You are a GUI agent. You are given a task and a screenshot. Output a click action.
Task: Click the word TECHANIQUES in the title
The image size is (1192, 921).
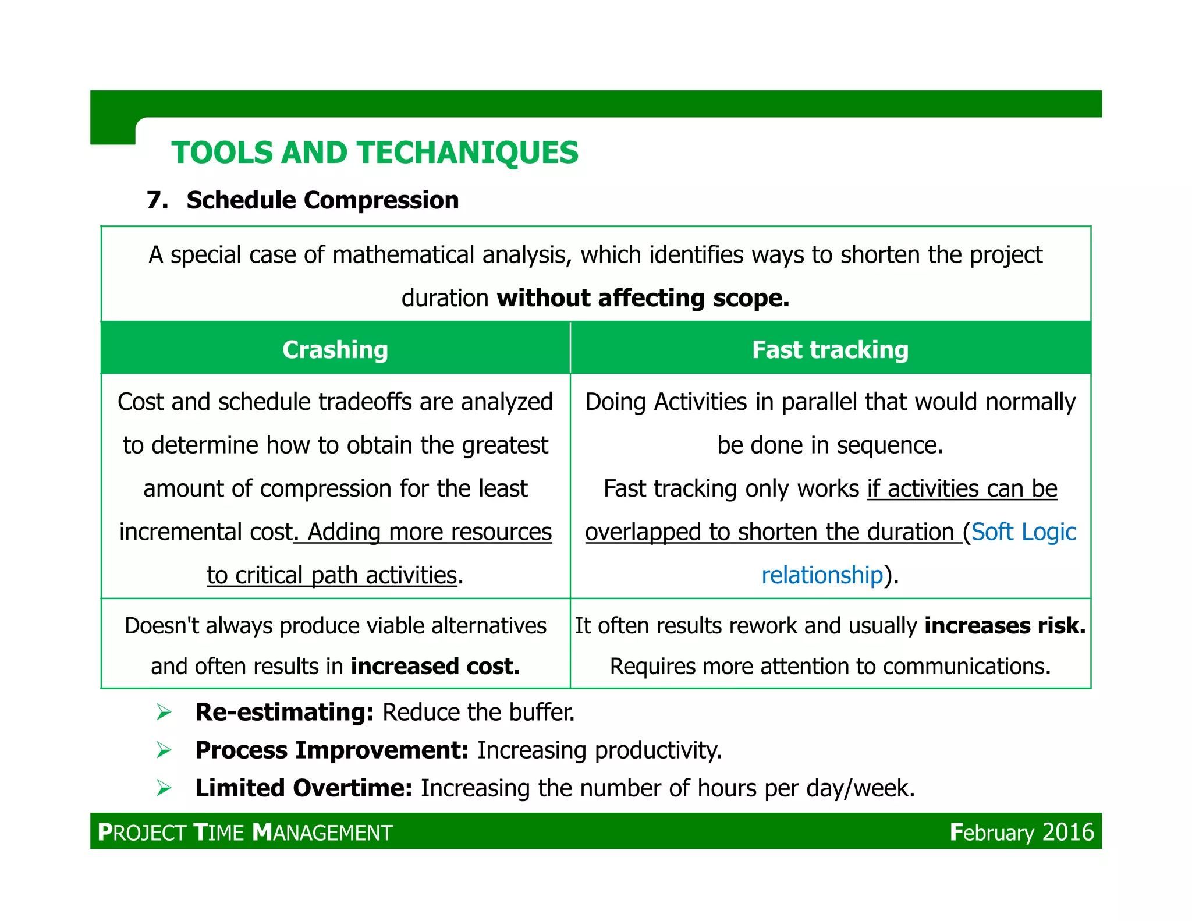coord(468,153)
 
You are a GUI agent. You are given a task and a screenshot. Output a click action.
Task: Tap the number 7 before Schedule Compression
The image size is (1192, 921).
coord(156,200)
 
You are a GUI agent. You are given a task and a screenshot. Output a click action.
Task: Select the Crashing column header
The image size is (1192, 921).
coord(335,350)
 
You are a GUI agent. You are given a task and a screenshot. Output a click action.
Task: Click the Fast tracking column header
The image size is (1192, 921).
coord(830,350)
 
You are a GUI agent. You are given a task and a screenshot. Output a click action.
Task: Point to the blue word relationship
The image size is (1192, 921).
coord(822,575)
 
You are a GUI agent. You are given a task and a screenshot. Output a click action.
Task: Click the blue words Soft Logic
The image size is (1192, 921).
coord(1023,532)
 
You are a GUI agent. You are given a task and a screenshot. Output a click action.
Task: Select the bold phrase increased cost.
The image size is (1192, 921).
coord(435,666)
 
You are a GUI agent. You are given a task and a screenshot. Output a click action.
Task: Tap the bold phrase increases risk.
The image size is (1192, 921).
coord(1005,626)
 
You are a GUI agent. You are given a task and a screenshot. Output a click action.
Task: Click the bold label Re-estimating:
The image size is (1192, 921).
coord(284,713)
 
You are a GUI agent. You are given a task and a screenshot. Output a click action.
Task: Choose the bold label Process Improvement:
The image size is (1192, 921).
coord(332,750)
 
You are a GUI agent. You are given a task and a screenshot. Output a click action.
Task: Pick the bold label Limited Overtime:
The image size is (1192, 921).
coord(304,788)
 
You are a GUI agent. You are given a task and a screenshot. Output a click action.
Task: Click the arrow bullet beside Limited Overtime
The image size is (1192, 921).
coord(164,789)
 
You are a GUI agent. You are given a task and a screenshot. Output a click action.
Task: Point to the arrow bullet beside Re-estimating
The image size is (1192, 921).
coord(164,713)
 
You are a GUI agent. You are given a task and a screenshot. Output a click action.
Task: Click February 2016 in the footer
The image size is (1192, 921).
coord(1021,832)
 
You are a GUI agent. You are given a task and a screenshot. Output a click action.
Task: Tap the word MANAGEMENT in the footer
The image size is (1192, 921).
coord(324,833)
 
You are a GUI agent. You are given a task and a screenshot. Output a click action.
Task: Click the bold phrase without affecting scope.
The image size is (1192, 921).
coord(643,298)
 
